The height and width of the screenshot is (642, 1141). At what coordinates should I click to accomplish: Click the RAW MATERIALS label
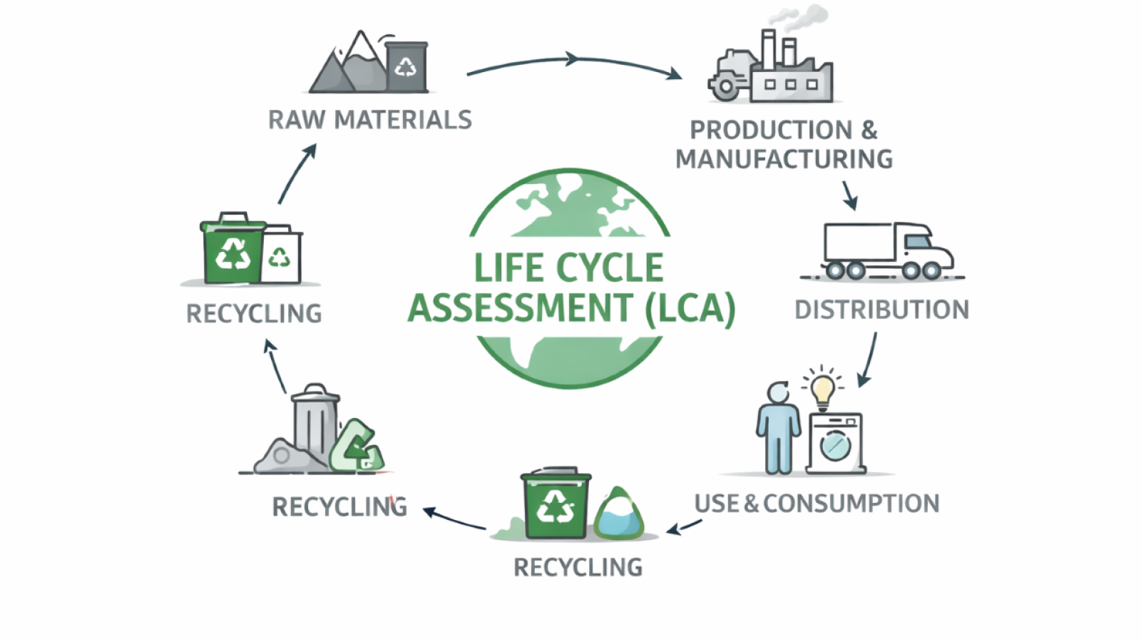pyautogui.click(x=369, y=120)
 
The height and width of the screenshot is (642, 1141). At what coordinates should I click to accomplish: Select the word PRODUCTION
pyautogui.click(x=771, y=131)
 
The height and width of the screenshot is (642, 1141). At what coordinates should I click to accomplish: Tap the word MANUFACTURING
pyautogui.click(x=784, y=159)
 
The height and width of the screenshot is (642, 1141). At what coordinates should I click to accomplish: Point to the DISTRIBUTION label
pyautogui.click(x=881, y=310)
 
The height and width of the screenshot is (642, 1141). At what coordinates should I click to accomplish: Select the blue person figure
pyautogui.click(x=777, y=428)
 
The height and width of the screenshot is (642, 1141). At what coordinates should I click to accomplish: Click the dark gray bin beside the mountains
pyautogui.click(x=406, y=66)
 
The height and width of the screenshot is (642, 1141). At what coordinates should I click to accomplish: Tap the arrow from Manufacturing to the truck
pyautogui.click(x=849, y=195)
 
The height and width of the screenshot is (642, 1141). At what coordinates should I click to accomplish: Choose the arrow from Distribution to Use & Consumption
pyautogui.click(x=869, y=360)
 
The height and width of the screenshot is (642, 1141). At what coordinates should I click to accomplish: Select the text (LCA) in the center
pyautogui.click(x=690, y=308)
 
